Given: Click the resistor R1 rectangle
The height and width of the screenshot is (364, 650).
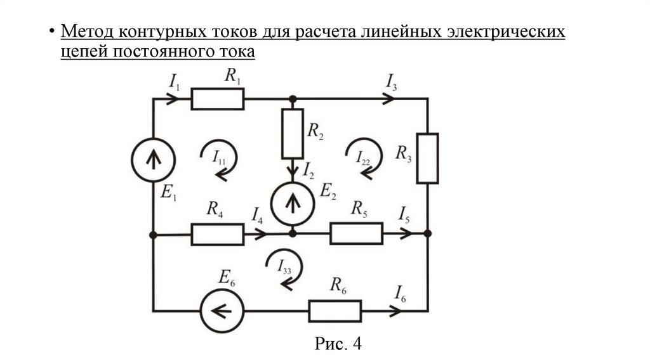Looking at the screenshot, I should click(218, 99).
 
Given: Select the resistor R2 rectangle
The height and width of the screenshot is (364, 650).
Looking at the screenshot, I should click(292, 133).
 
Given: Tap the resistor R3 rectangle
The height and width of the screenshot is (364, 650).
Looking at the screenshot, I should click(428, 158).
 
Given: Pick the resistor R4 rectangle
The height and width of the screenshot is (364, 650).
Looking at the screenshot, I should click(217, 234).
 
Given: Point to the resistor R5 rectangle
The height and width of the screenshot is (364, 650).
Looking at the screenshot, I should click(356, 233).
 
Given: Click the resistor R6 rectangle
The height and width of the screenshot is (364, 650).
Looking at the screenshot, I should click(335, 311).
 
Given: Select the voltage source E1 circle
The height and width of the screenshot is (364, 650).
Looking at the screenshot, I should click(153, 159).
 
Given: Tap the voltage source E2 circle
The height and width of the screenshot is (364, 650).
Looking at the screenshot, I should click(292, 203).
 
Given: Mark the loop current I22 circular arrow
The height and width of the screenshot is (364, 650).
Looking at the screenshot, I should click(364, 155).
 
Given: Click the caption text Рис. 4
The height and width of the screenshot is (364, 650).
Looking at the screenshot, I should click(338, 344).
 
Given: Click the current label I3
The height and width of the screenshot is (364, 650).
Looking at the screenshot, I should click(391, 82).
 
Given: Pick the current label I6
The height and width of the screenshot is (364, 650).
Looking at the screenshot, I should click(400, 294).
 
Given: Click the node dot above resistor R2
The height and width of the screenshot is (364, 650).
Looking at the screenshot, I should click(292, 99).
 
